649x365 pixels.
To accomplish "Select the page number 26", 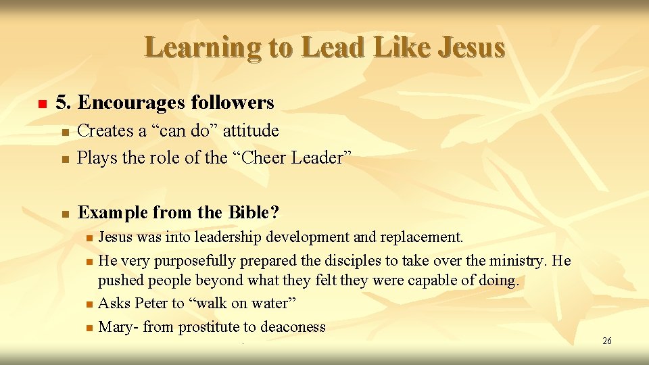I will pos(606,341).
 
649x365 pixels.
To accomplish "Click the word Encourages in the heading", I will pos(132,103).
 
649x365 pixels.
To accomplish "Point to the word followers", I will pos(233,103).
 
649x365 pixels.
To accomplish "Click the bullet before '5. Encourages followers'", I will pos(42,104).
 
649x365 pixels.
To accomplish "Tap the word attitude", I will pos(251,130).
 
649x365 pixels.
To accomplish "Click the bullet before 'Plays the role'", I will pos(64,159).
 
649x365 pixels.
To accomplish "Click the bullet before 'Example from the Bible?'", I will pos(64,214).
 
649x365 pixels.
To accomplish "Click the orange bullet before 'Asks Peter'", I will pos(89,304).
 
